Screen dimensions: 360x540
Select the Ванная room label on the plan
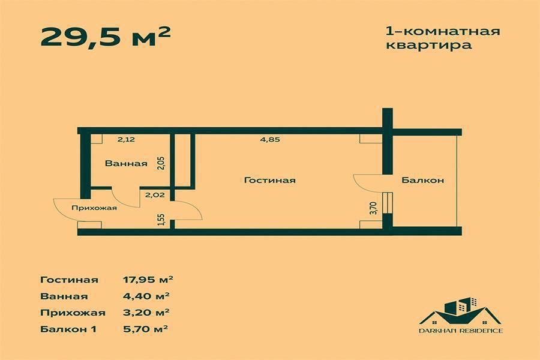tap(126, 163)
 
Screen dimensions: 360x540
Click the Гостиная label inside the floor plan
tap(270, 180)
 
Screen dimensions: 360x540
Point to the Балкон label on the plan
tap(423, 180)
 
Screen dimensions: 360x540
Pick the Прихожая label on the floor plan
tap(94, 208)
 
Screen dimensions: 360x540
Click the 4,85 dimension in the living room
tap(270, 140)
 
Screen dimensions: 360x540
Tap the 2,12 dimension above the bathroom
tap(126, 140)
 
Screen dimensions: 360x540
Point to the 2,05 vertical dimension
tap(160, 163)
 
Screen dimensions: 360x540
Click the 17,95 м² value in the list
tap(148, 280)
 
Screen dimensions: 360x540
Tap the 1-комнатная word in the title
tap(440, 30)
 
